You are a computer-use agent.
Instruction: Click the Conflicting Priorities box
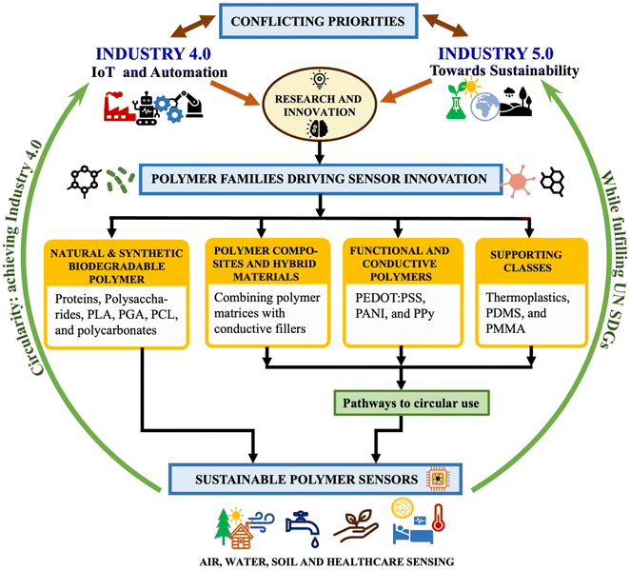(314, 18)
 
